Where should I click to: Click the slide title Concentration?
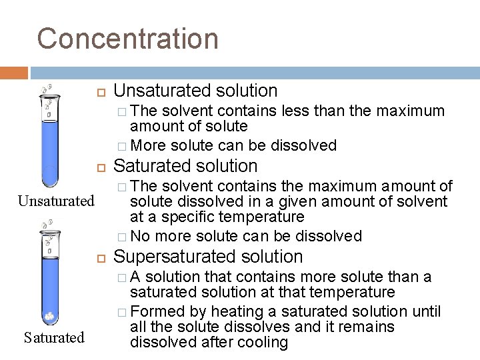point(127,38)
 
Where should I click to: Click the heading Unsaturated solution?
point(195,90)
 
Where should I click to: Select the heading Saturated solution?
point(186,165)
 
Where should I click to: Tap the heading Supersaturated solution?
point(209,256)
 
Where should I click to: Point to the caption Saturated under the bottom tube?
point(54,337)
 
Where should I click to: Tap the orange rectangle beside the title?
point(13,73)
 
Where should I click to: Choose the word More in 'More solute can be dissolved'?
point(147,145)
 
